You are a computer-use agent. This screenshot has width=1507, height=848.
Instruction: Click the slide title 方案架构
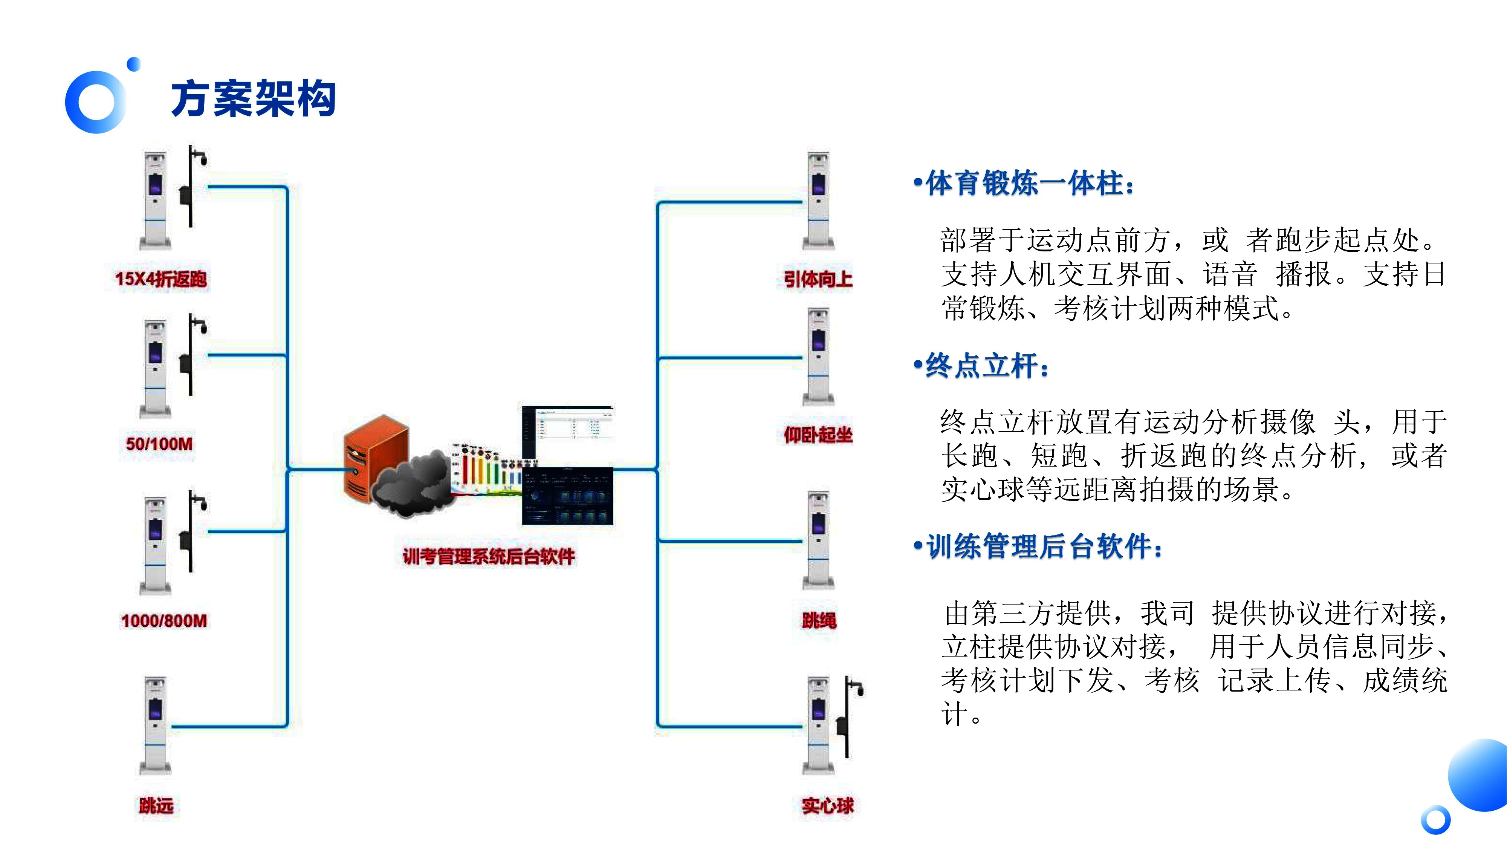coord(253,98)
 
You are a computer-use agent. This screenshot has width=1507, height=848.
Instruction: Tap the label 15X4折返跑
coord(161,279)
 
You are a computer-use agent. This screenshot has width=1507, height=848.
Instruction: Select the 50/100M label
coord(159,444)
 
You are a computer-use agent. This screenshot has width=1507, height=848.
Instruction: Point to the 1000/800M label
coord(164,620)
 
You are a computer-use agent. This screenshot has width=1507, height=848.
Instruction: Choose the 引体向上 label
coord(818,279)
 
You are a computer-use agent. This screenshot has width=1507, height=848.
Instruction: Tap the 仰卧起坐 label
coord(818,435)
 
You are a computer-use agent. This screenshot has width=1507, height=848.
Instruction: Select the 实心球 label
coord(828,806)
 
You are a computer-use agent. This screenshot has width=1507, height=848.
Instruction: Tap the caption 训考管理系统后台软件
coord(489,556)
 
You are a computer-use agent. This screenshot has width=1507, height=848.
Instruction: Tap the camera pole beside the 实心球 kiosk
coord(848,717)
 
